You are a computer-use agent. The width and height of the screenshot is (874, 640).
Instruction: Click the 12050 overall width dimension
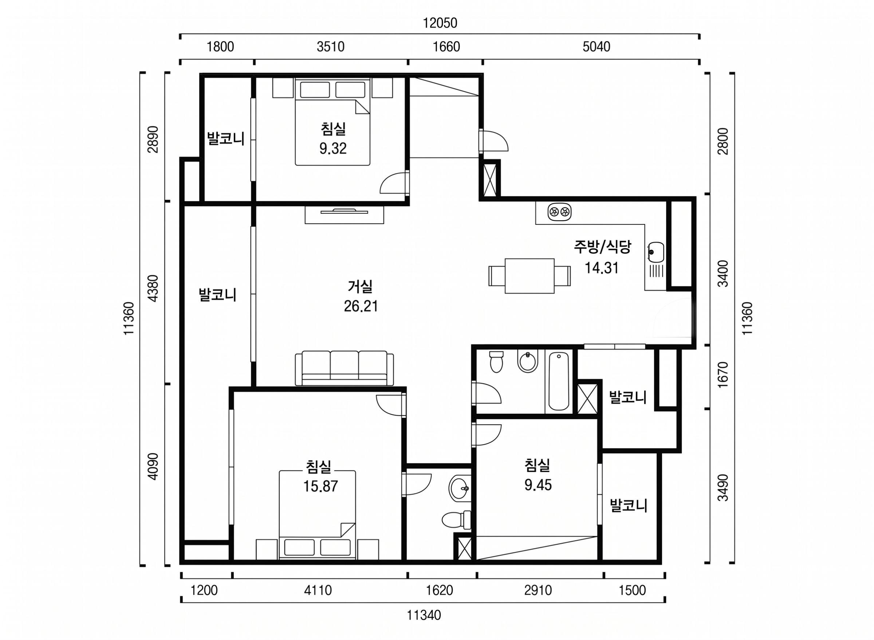click(440, 23)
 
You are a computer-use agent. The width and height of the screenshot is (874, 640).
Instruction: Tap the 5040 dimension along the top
click(596, 47)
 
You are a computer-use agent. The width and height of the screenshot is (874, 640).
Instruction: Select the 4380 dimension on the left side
click(154, 288)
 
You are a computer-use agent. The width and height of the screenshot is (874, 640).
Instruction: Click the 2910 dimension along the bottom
click(538, 590)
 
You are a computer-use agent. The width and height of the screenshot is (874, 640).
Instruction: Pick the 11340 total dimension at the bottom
click(424, 615)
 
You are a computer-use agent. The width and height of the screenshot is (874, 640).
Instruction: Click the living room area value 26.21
click(361, 306)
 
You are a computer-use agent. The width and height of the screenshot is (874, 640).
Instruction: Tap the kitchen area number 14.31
click(601, 268)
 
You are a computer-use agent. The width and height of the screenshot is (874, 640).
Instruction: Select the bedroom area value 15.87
click(320, 486)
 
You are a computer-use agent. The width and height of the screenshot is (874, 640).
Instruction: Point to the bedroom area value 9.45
click(538, 485)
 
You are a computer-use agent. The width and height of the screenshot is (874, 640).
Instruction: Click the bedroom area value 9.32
click(332, 148)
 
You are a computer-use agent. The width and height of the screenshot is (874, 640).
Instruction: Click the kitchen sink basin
click(655, 252)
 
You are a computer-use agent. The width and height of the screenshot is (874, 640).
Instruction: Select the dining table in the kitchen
click(529, 276)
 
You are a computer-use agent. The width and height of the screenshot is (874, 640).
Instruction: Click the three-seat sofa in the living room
click(344, 368)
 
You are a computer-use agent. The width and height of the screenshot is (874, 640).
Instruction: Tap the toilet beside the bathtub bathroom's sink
click(496, 361)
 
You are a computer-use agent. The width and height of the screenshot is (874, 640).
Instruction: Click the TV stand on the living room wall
click(344, 214)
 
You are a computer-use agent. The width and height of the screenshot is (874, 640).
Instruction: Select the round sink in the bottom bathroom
click(460, 488)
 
